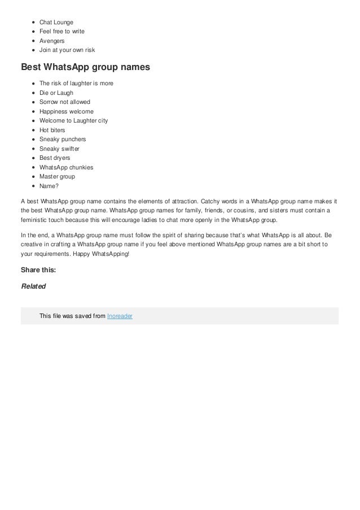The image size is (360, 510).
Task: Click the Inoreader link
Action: click(120, 316)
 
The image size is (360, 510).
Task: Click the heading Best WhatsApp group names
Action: click(85, 68)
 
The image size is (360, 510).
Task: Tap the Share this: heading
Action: click(38, 269)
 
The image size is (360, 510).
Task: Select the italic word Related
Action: click(33, 286)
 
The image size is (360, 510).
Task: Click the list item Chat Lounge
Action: click(56, 22)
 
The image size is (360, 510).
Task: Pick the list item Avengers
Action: click(52, 41)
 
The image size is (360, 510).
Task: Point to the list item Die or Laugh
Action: click(56, 93)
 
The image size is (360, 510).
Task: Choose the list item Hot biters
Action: click(52, 130)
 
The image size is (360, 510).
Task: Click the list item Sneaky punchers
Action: click(62, 139)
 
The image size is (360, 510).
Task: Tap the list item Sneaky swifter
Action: click(59, 149)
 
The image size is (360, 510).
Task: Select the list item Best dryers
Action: click(55, 158)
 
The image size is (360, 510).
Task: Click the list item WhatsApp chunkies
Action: click(66, 167)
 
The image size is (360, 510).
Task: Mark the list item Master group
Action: click(57, 176)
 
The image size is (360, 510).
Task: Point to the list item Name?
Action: click(49, 186)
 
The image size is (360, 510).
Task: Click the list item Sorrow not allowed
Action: click(64, 102)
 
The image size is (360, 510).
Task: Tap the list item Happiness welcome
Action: click(66, 111)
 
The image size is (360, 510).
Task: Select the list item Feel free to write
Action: click(62, 31)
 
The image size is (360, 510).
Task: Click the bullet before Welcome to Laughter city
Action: click(34, 121)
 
